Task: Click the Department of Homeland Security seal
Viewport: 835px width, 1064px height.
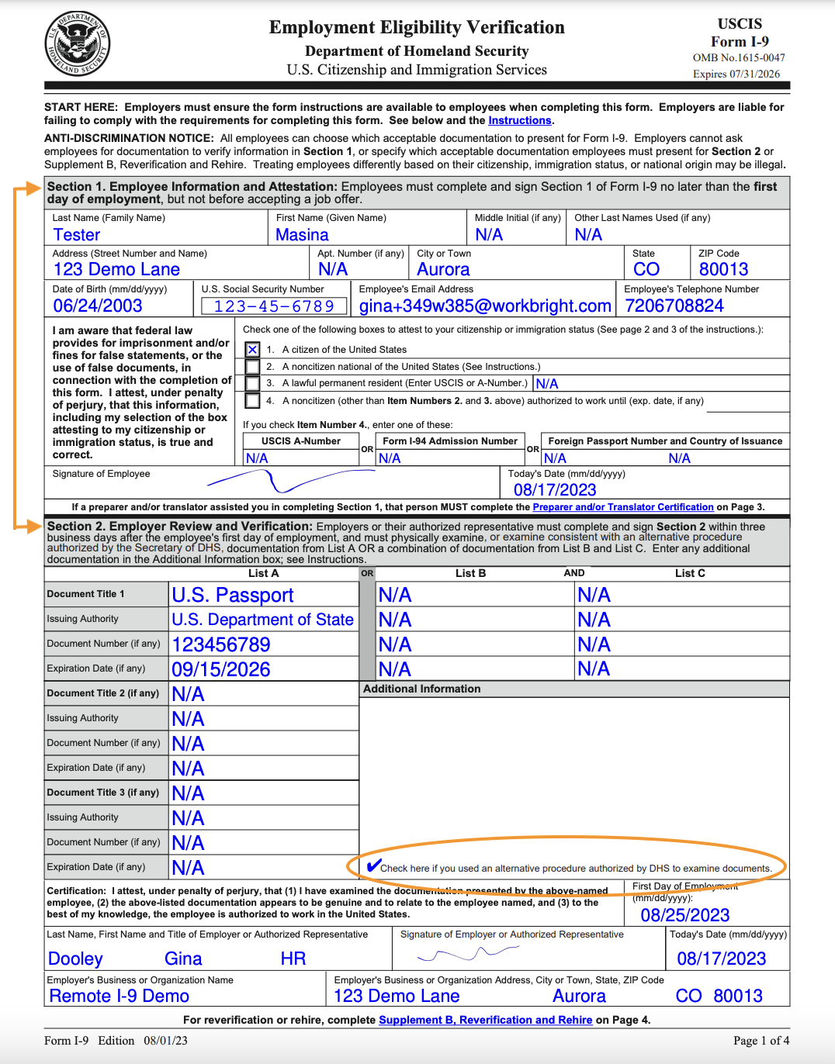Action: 77,44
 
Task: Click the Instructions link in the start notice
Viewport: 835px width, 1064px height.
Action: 519,120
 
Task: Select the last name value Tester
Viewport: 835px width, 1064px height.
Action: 77,235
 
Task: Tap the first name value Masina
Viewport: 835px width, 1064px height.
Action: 302,235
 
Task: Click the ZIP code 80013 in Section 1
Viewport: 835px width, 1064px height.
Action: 723,270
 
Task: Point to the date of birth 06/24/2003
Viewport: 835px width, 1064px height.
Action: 98,306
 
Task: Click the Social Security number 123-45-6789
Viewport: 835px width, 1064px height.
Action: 274,306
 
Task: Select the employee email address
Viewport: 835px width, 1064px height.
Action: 485,306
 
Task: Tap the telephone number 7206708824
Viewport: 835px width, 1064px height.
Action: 674,306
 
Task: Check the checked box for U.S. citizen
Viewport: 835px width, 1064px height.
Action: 252,350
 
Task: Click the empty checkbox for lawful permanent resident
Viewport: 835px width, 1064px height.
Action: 252,383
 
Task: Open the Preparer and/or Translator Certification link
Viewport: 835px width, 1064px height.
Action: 623,507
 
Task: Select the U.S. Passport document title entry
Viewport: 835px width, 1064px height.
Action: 233,596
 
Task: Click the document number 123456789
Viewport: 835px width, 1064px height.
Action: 221,645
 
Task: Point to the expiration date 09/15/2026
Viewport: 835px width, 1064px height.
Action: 221,670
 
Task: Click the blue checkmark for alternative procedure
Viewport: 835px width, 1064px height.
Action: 373,865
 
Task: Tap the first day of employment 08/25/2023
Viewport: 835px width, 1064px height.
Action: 685,915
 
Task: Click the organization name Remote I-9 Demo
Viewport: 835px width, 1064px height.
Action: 120,997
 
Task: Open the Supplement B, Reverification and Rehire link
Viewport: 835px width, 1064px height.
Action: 485,1020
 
